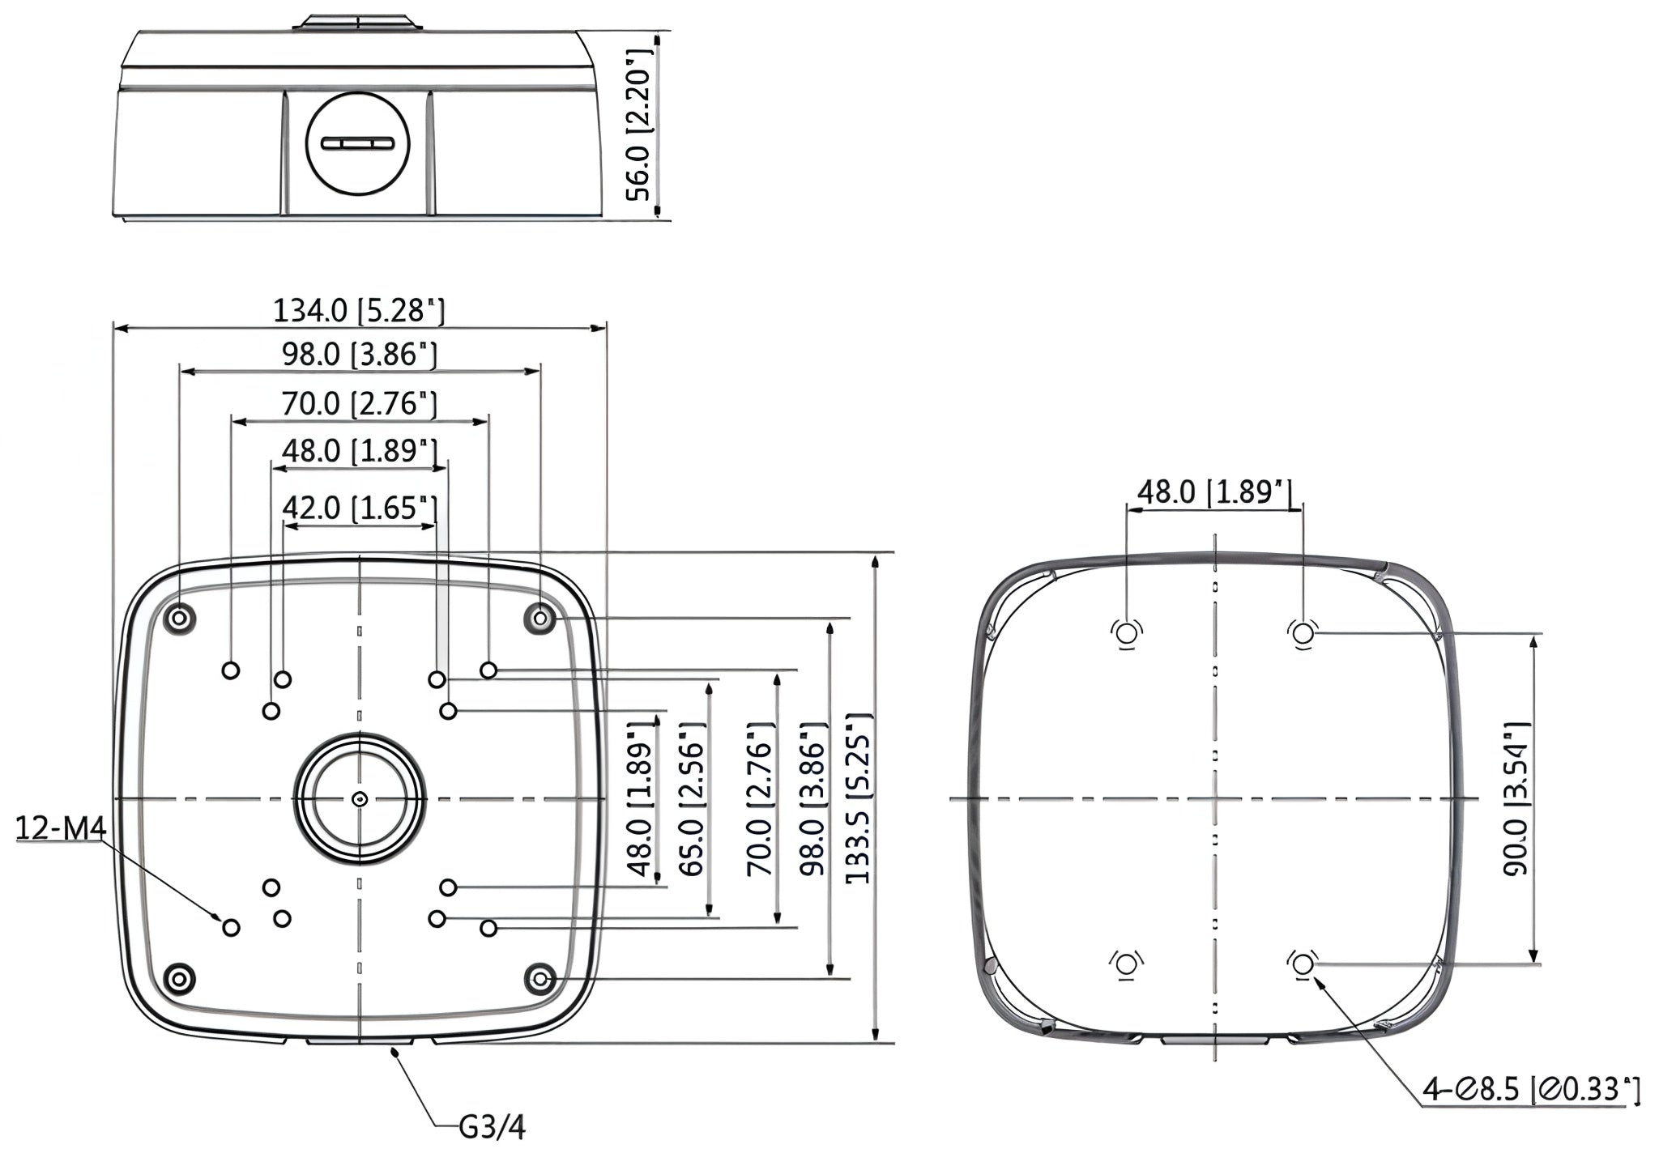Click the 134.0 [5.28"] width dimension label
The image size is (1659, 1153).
click(359, 310)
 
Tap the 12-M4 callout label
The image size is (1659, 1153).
click(62, 828)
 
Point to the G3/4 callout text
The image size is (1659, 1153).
click(493, 1127)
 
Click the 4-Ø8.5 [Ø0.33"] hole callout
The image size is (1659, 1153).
click(1532, 1089)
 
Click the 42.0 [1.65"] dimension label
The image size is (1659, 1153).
click(360, 508)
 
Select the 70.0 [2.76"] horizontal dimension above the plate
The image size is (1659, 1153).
click(360, 403)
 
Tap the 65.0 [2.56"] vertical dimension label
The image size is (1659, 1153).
click(691, 798)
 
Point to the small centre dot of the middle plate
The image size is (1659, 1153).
click(360, 799)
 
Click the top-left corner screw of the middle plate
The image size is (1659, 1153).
click(179, 619)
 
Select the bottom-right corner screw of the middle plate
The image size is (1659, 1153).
click(540, 980)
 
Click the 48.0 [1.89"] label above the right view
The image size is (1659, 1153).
click(1214, 491)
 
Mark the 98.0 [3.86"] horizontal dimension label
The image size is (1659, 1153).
click(360, 354)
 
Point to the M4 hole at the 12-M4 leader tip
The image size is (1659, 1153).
click(231, 928)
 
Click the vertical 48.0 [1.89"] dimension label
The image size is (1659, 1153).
click(641, 798)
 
